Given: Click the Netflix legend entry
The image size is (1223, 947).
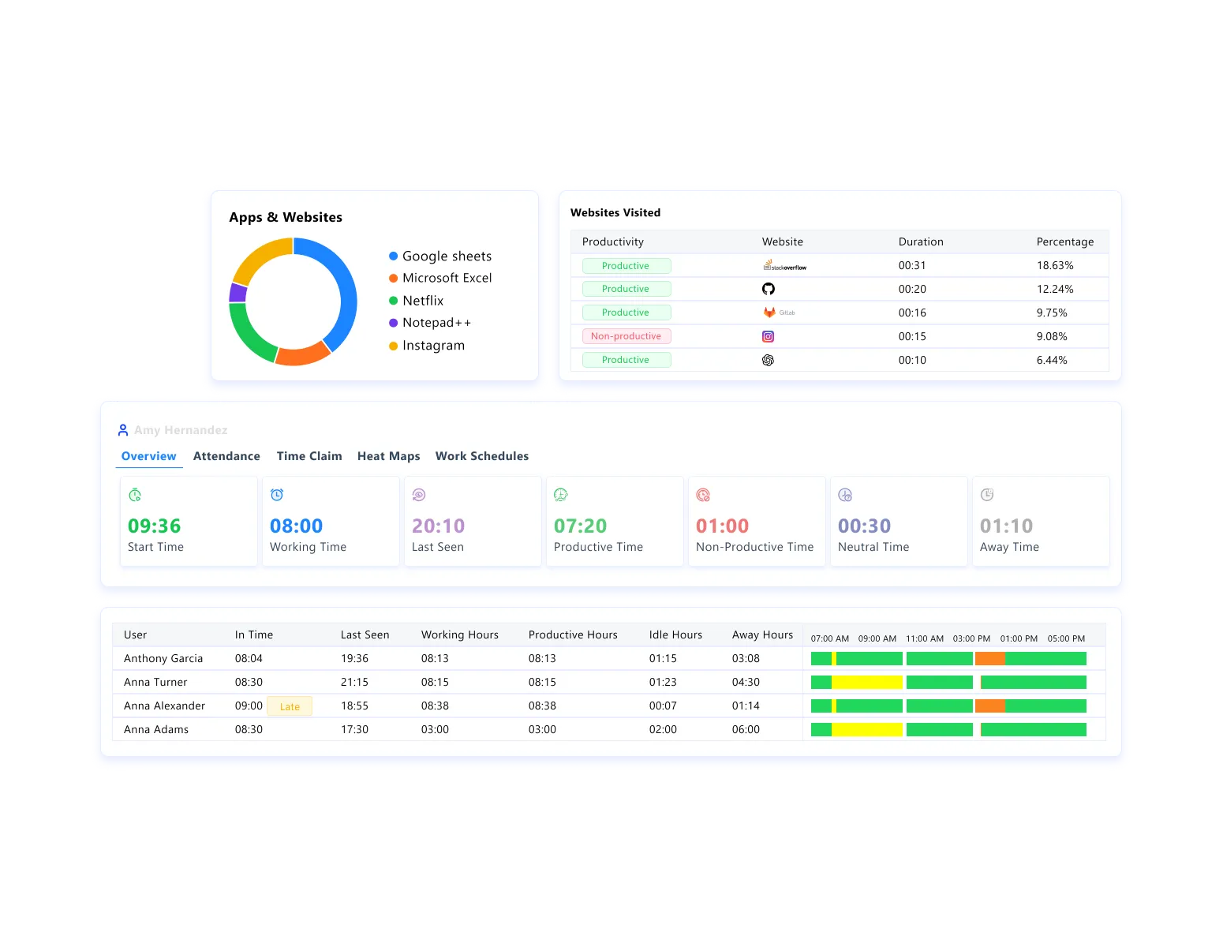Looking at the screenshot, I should tap(423, 301).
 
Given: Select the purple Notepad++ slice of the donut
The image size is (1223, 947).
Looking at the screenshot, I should tap(237, 293).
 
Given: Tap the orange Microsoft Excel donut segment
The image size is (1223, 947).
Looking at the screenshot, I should tap(302, 355).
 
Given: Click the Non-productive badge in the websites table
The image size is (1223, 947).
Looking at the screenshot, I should tap(626, 336).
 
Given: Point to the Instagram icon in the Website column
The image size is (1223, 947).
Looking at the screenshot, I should tap(768, 336).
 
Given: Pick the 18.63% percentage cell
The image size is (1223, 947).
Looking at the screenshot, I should tap(1054, 266).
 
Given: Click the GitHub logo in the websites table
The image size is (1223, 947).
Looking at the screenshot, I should tap(768, 289).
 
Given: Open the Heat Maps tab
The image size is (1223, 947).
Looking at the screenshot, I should tap(388, 456).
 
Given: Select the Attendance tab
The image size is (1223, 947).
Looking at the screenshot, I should tap(226, 456).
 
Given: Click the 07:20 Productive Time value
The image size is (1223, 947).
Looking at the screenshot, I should tap(580, 526).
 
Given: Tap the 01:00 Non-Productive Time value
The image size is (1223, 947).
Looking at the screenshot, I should tap(722, 526).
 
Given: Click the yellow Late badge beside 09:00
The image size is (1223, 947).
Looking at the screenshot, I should tap(290, 706).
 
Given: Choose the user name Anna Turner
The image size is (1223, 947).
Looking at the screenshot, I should tap(155, 682).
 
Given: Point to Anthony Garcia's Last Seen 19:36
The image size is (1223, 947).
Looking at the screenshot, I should tap(354, 658).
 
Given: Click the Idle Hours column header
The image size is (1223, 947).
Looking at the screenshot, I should tap(675, 634).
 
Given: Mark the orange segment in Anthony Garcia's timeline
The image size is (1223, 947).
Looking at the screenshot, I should tap(989, 658).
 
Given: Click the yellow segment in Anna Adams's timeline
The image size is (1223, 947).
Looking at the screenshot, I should tap(866, 729).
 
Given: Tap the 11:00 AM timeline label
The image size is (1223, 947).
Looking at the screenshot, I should tap(924, 638).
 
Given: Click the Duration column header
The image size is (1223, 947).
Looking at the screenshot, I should tap(920, 241).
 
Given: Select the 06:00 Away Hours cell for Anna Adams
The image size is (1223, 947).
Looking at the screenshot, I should tap(746, 729).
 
